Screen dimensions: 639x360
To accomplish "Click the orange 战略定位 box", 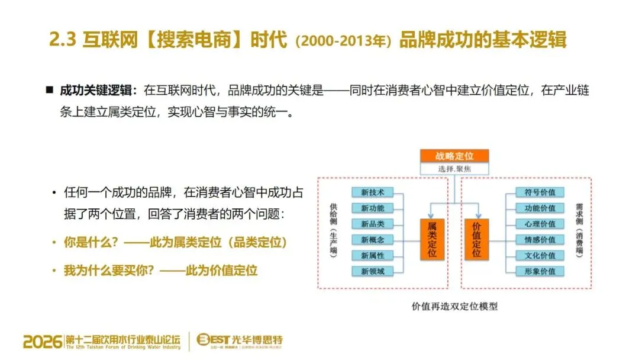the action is (454, 156).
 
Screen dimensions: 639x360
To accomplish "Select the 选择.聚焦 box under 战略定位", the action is (454, 169).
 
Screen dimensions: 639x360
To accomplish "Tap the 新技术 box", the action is (373, 192).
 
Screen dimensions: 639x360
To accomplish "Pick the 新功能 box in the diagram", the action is (373, 208).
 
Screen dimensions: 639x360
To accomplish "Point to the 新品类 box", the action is (373, 224).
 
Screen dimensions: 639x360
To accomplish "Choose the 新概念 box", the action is (373, 240).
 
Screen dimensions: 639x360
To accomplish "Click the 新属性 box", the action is (373, 256).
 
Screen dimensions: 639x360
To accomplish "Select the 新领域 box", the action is (373, 272).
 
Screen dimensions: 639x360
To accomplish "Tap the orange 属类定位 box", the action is (432, 240).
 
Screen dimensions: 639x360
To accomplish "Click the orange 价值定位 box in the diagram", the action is (477, 240).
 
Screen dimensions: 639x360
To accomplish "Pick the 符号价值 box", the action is (535, 192).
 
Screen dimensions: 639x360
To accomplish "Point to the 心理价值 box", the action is (535, 224).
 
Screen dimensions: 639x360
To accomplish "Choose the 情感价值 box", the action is (535, 240).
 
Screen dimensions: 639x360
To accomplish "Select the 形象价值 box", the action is (535, 272).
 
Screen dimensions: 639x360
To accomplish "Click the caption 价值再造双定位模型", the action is (454, 307).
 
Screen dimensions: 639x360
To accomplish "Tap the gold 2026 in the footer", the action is (43, 342).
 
